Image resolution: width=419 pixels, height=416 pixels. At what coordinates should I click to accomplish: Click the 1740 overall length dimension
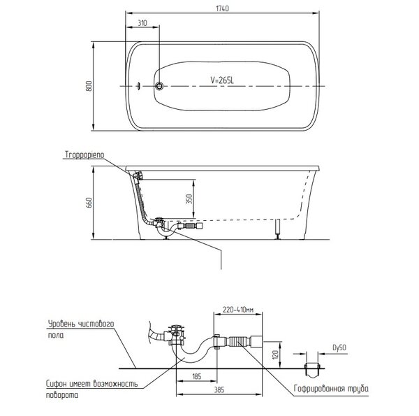222,8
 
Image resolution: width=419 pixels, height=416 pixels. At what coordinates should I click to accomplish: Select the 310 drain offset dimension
142,23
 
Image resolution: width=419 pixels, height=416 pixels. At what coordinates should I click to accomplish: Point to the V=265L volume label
222,80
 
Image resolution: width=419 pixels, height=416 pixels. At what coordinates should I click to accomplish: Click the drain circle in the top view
159,86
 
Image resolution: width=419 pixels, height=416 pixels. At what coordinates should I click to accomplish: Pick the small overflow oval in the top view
139,86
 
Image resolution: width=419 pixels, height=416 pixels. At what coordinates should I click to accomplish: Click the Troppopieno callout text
84,155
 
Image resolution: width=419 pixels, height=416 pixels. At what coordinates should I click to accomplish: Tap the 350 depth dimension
189,199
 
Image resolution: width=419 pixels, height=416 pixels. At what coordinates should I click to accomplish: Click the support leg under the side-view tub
278,229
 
